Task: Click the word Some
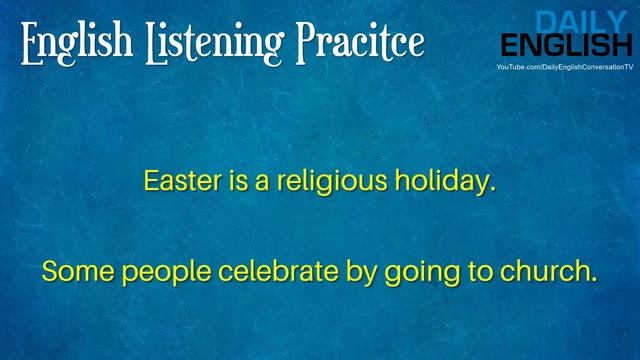click(x=70, y=271)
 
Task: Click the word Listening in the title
click(x=200, y=42)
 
